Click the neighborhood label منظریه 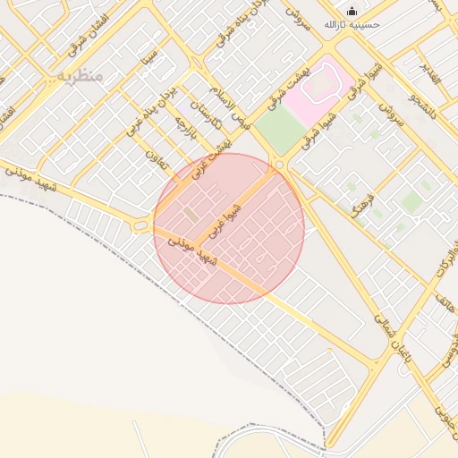tap(81, 77)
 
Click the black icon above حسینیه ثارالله tap(352, 12)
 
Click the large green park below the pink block tap(281, 132)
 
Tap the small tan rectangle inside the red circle tap(191, 214)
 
